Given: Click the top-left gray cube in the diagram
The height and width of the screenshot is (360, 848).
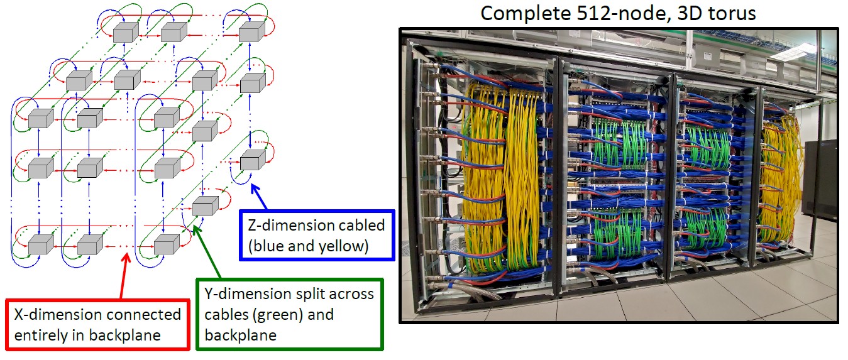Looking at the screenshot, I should click(x=125, y=32).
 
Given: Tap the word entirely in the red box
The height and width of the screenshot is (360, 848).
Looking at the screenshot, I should click(x=35, y=335).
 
